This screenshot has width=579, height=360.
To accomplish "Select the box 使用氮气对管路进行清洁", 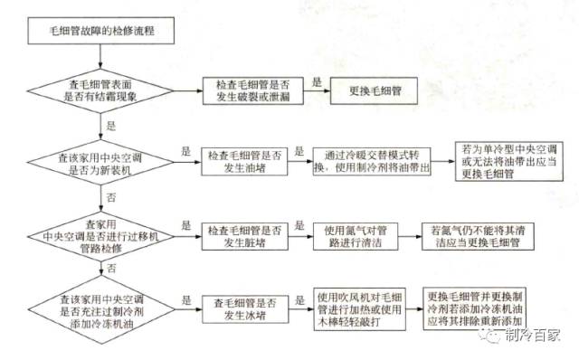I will (x=360, y=233).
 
